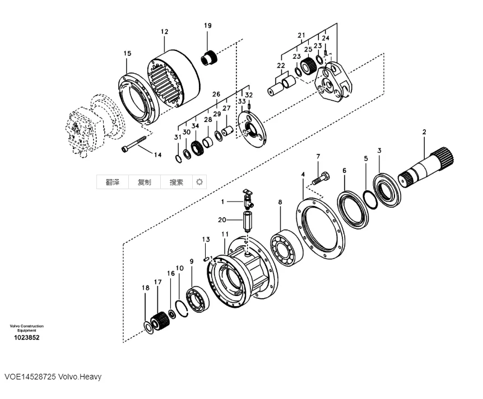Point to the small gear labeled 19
(210, 57)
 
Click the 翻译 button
(113, 182)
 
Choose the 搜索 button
(177, 182)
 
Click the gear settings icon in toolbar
(199, 182)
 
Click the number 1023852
(26, 337)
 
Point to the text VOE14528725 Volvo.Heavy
(53, 377)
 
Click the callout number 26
(216, 94)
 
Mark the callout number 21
(301, 36)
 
